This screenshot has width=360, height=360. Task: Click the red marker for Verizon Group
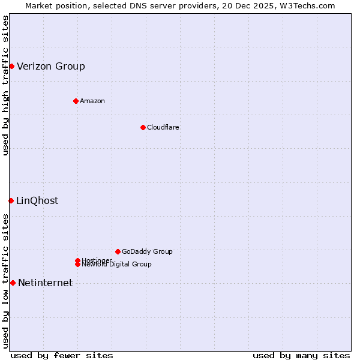point(11,66)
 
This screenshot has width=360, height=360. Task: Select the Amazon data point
point(76,101)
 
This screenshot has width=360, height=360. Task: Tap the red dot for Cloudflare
point(143,127)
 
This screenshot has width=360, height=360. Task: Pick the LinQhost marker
point(11,200)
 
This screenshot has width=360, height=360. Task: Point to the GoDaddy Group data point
point(118,251)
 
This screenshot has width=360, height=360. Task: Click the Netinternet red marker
point(13,283)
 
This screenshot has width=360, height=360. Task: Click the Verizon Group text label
point(51,66)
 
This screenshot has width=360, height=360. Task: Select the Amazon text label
point(92,101)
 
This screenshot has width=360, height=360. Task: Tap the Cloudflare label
point(163,127)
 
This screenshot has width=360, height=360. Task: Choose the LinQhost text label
point(37,200)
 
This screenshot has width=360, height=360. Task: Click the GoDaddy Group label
point(147,251)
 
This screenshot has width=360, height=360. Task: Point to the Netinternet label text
point(46,283)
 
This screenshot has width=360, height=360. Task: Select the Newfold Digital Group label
point(116,265)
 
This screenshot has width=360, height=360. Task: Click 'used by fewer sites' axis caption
point(62,355)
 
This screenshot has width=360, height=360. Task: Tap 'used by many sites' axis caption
point(301,355)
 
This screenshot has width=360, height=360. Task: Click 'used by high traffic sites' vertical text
point(5,85)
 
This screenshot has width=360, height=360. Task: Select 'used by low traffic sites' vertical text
point(5,281)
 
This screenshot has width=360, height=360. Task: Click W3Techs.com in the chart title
point(306,5)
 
